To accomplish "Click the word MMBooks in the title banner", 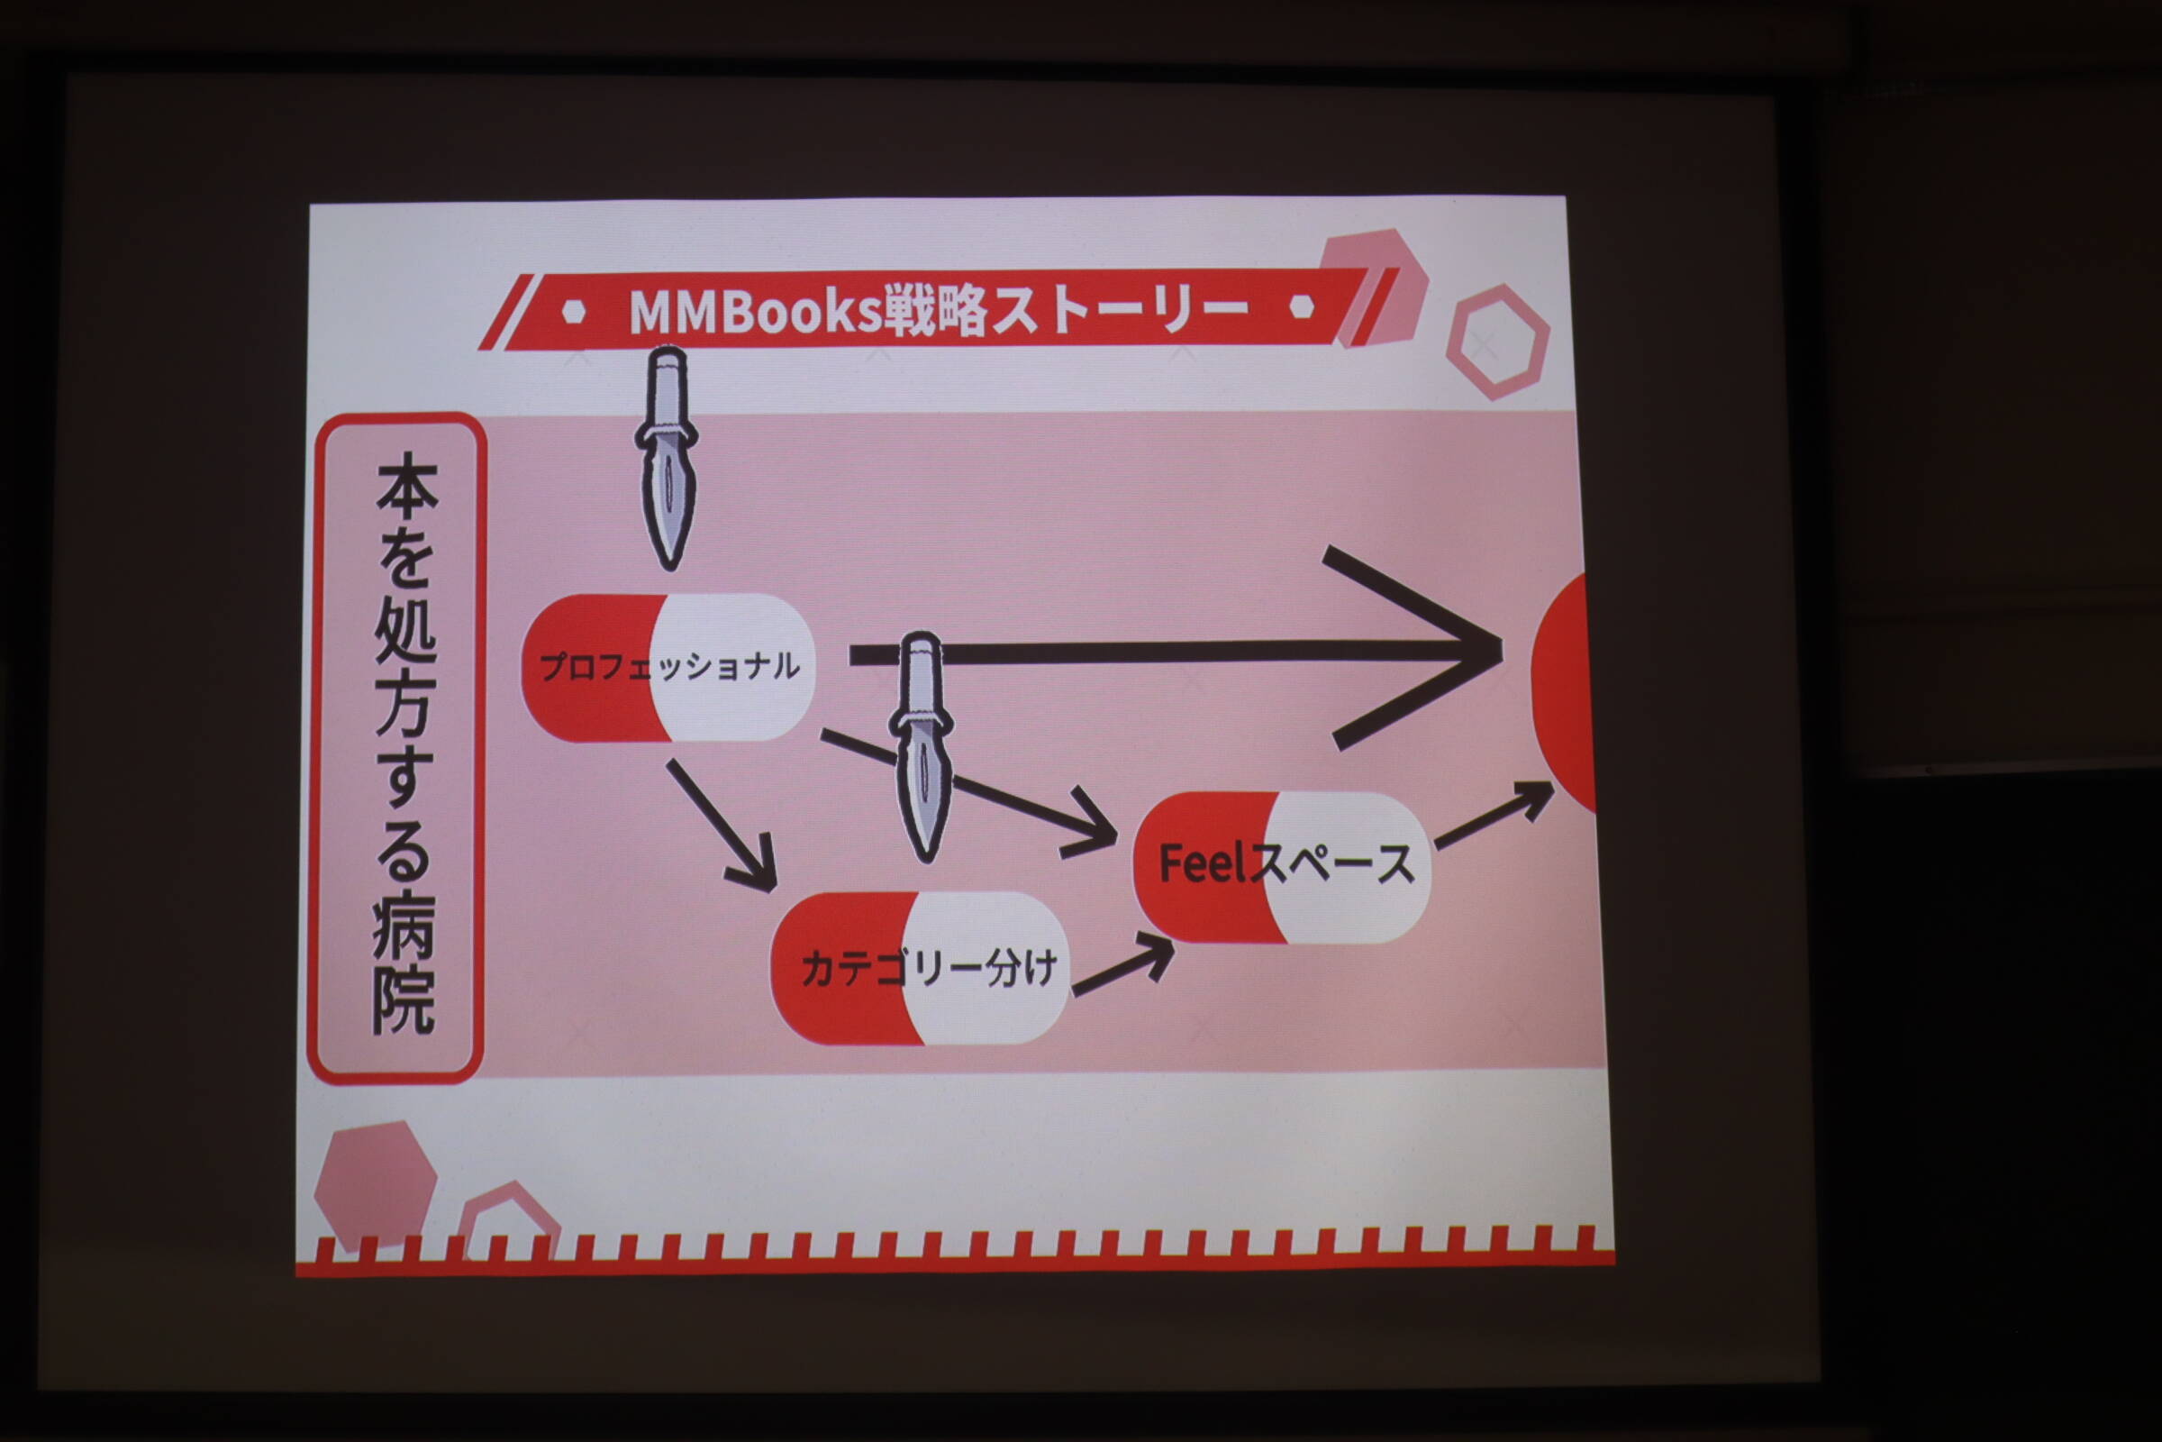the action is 755,312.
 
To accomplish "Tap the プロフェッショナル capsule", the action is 668,667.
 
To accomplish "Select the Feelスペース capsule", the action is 1282,866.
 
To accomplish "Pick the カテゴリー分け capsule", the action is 920,967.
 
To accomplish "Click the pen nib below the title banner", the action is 667,457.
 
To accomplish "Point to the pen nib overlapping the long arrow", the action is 921,747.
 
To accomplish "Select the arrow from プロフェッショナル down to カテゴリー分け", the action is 722,825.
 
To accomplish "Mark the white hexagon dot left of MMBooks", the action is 574,312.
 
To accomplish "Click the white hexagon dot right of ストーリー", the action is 1302,306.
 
